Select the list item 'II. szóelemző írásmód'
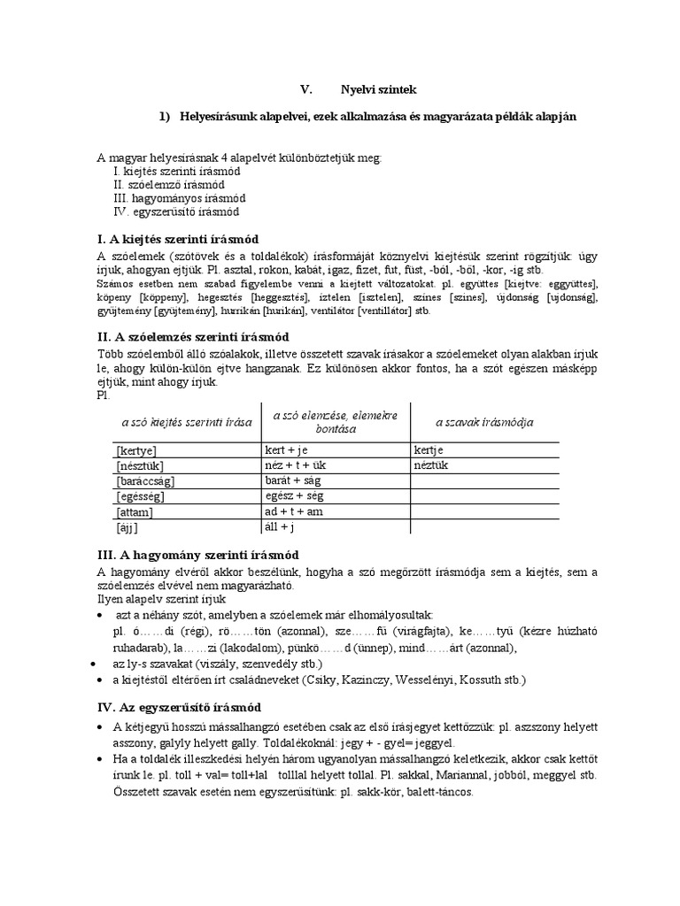169,185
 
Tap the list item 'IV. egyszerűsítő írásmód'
176,212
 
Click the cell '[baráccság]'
146,481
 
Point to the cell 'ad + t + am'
293,511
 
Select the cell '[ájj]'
128,527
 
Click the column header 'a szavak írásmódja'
484,422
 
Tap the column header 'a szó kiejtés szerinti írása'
187,422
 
